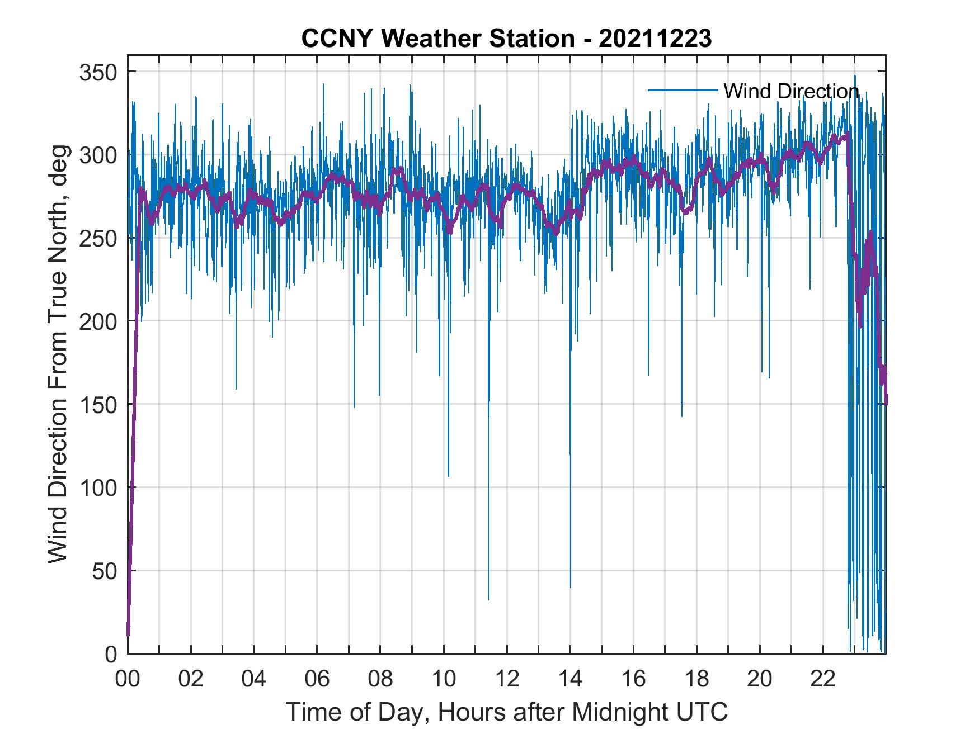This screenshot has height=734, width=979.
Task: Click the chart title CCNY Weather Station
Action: coord(506,39)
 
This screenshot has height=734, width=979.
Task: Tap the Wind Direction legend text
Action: coord(791,91)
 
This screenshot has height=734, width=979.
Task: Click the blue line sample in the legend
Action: coord(683,91)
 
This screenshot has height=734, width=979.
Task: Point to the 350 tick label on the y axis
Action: coord(97,72)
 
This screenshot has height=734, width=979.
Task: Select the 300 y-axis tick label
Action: coord(97,155)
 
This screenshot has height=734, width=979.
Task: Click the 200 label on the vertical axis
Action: coord(97,321)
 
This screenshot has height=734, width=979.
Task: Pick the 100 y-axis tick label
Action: coord(97,487)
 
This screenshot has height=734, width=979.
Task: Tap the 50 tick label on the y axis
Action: coord(103,571)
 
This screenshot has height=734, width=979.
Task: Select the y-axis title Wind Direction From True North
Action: coord(58,354)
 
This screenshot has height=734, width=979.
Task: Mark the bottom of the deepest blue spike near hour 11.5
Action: coord(489,599)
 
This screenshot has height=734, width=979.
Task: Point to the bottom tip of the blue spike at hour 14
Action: coord(571,588)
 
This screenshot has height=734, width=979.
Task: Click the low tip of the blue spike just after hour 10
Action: coord(448,476)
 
